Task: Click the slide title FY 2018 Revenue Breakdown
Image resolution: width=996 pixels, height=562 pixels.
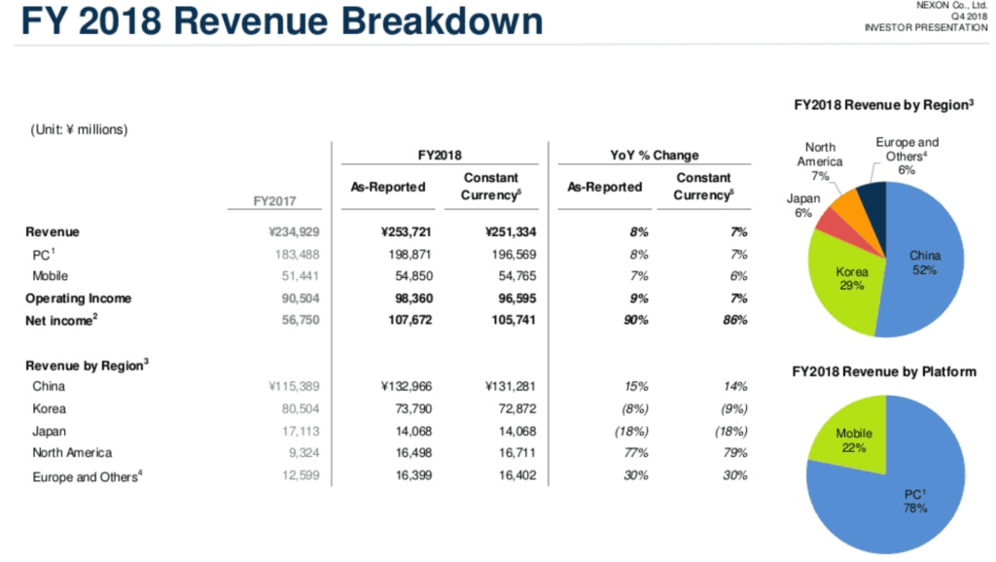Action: coord(283,23)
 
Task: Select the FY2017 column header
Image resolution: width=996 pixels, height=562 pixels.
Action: coord(275,201)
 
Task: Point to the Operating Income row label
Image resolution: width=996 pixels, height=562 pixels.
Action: coord(78,298)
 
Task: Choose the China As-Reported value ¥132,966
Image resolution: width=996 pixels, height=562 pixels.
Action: coord(394,386)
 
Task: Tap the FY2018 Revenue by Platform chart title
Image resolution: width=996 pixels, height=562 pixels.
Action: coord(884,372)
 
